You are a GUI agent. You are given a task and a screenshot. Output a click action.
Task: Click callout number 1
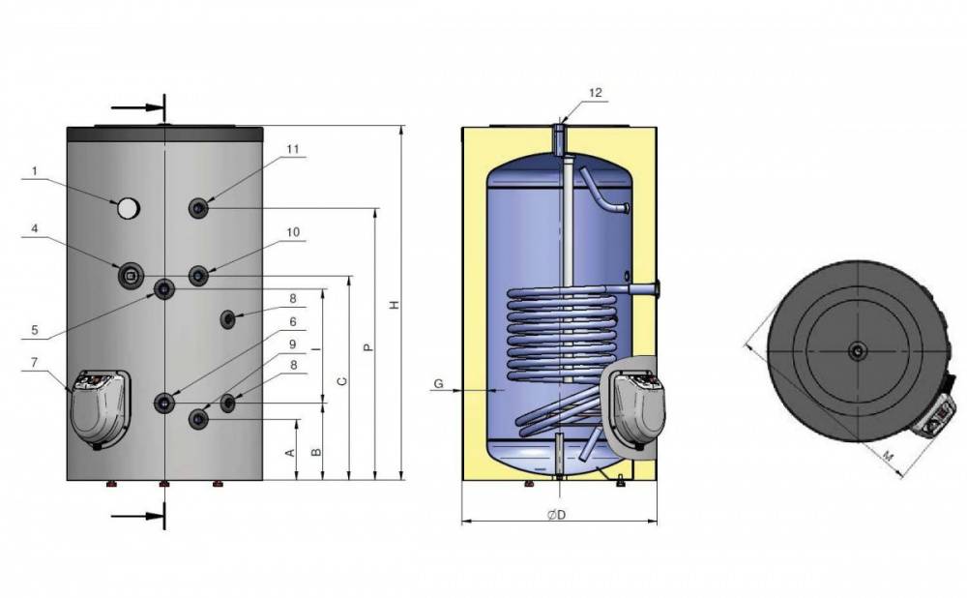point(35,171)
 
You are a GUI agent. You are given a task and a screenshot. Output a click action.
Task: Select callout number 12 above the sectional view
point(595,93)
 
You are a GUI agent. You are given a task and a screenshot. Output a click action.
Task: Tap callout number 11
point(293,149)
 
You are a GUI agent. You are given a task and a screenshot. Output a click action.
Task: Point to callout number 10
point(293,232)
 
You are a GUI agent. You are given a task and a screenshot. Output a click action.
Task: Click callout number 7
point(35,362)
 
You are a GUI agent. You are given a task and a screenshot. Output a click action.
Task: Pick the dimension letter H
point(396,304)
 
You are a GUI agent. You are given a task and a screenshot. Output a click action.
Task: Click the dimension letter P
point(368,347)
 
